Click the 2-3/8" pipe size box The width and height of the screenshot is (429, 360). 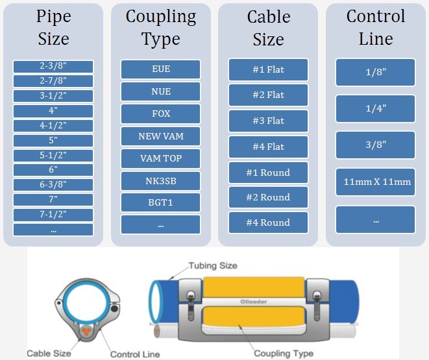[x=53, y=67]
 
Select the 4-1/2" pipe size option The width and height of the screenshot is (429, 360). [x=53, y=126]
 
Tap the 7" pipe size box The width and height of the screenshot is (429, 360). [x=53, y=200]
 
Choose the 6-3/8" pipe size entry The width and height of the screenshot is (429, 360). [x=53, y=185]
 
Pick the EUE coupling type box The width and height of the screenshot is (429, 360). [x=160, y=69]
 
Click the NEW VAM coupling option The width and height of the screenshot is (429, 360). [x=160, y=137]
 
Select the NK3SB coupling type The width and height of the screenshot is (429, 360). [x=160, y=181]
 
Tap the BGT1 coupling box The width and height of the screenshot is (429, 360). [x=160, y=203]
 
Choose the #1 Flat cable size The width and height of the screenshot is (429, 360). [x=267, y=69]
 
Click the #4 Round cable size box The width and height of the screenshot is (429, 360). [x=267, y=222]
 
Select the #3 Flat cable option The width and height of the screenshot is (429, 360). [x=267, y=121]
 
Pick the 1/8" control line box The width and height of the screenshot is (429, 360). [x=375, y=73]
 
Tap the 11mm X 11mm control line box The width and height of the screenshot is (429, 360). [x=375, y=182]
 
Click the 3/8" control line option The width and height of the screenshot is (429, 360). [x=375, y=145]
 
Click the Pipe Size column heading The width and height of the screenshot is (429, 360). [x=53, y=27]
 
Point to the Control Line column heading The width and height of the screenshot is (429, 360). [x=375, y=27]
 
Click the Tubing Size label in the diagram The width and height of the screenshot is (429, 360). [x=213, y=265]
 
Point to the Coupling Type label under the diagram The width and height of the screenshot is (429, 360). [x=283, y=354]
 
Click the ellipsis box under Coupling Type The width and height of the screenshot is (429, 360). [x=160, y=224]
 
